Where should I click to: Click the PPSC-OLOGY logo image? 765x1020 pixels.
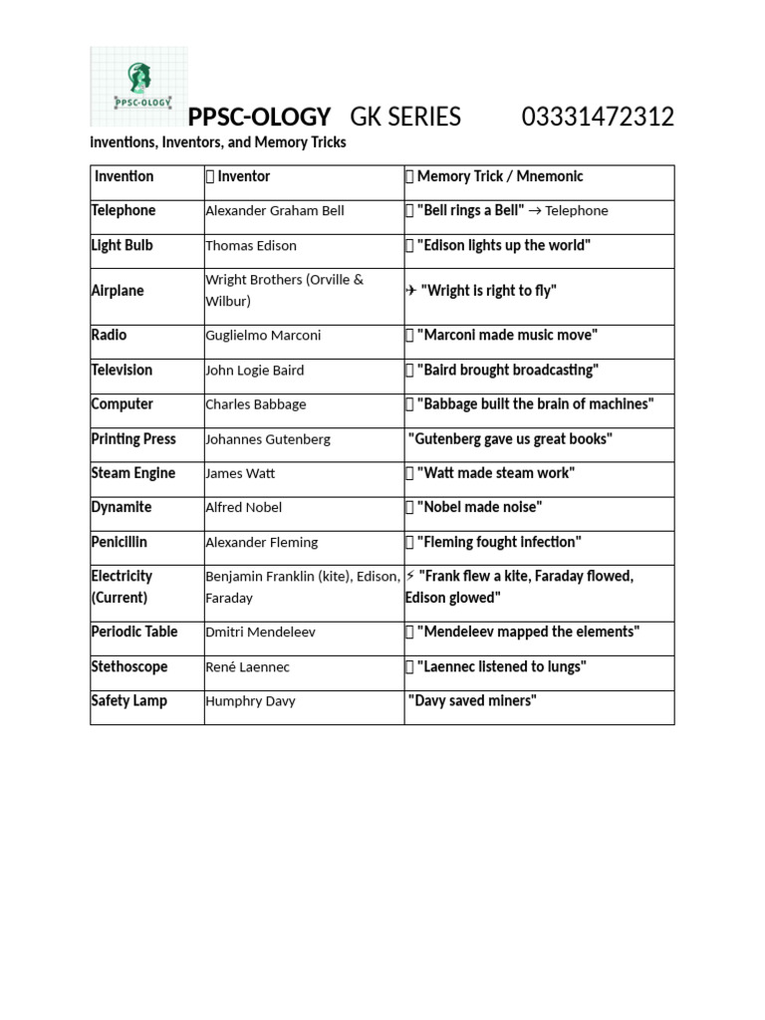pos(138,87)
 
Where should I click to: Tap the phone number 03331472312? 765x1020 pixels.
pos(598,118)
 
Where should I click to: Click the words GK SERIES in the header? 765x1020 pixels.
pos(405,118)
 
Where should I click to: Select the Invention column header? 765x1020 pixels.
pos(124,176)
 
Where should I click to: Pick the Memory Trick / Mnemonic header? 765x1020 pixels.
pos(499,176)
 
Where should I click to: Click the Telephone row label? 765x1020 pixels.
pos(124,210)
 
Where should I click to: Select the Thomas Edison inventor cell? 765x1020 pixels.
pos(251,245)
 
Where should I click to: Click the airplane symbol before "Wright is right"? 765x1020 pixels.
pos(410,291)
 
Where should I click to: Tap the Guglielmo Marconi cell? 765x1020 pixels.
pos(263,336)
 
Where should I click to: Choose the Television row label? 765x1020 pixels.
pos(122,370)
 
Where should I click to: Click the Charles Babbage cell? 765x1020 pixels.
pos(256,404)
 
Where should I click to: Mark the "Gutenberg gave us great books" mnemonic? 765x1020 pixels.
pos(510,438)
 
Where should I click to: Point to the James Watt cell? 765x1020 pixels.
pos(240,473)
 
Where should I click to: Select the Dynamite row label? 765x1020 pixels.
pos(122,507)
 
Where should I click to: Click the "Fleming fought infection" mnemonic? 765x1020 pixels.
pos(497,542)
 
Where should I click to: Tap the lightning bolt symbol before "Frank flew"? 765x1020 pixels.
pos(410,576)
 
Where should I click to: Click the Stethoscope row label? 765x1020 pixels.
pos(129,666)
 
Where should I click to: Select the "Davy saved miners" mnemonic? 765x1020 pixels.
pos(472,700)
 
